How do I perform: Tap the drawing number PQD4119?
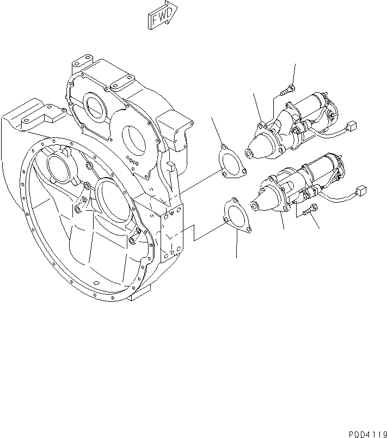[x=364, y=428]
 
